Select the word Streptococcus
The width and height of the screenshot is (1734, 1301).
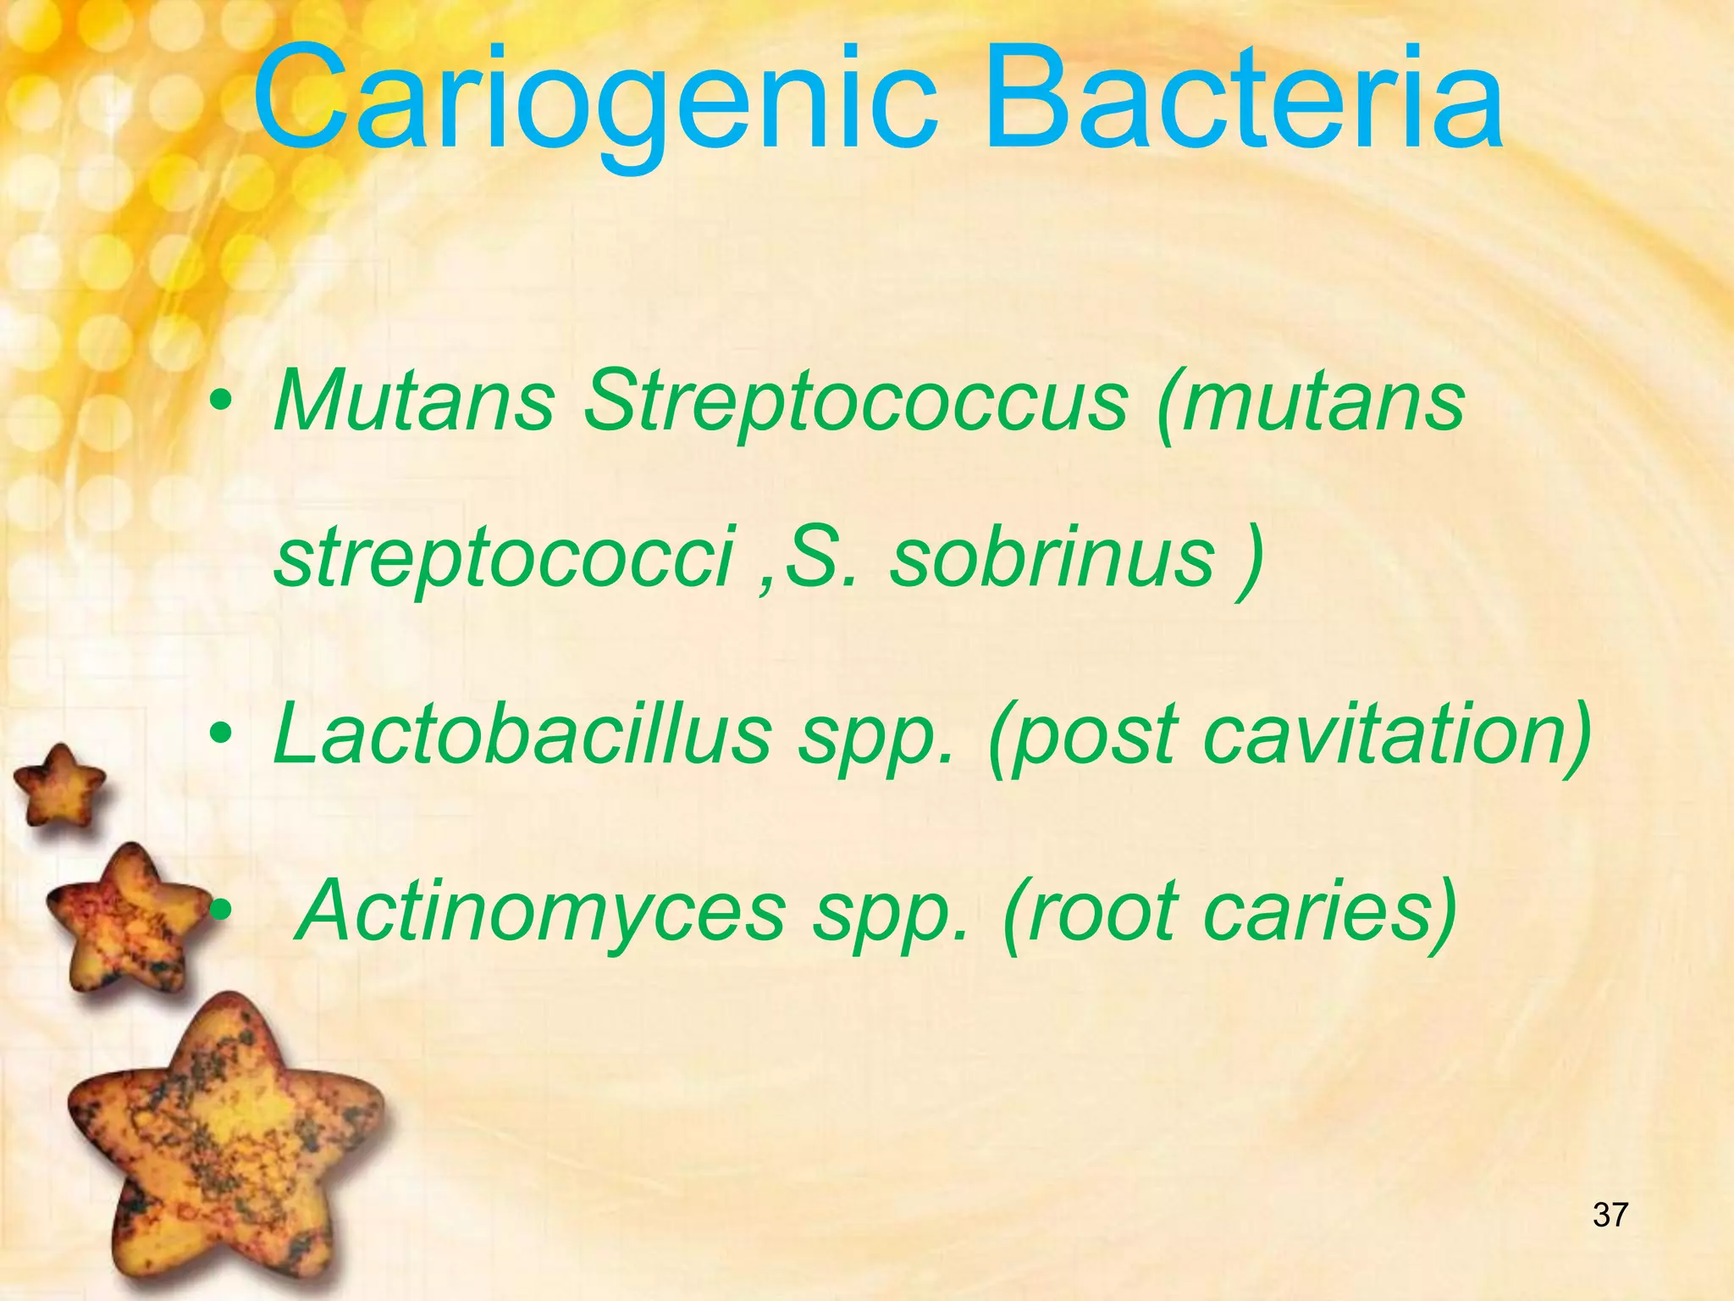tap(855, 402)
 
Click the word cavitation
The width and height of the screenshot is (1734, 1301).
tap(1397, 734)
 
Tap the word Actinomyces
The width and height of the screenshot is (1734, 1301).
tap(543, 911)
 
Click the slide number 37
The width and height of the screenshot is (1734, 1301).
tap(1610, 1215)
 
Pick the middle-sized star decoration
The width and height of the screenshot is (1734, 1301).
tap(131, 915)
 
